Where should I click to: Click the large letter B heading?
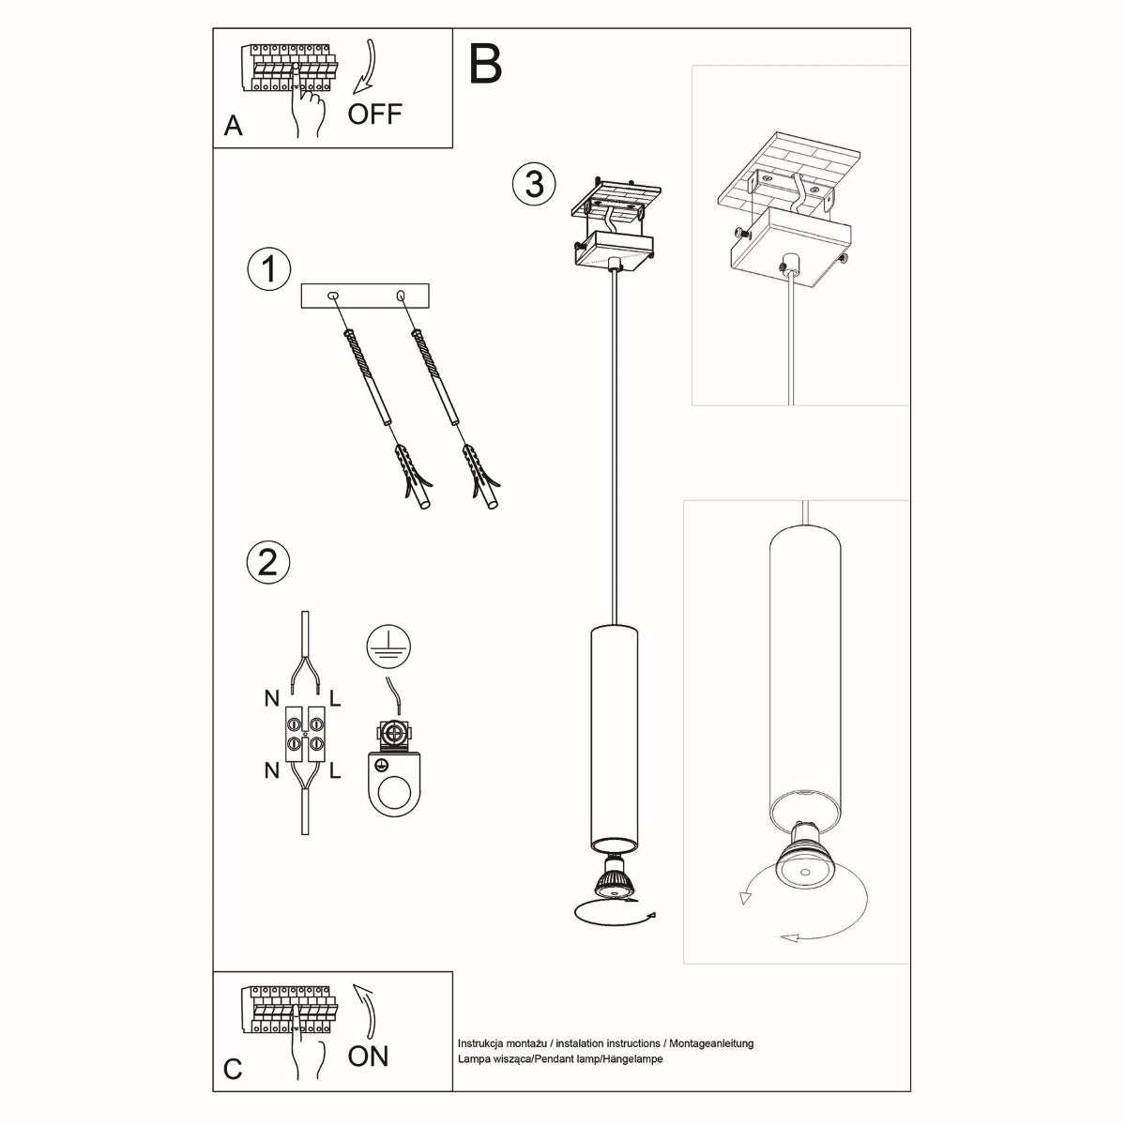click(x=486, y=63)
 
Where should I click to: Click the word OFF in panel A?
click(x=374, y=114)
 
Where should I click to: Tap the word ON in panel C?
click(x=368, y=1056)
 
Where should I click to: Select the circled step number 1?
click(x=267, y=269)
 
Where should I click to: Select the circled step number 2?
click(x=267, y=562)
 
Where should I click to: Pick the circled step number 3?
click(x=534, y=184)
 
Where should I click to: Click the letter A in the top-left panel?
click(x=234, y=128)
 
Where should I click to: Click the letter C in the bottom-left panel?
click(x=234, y=1070)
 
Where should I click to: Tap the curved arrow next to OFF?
click(x=364, y=67)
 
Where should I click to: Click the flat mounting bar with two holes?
click(x=364, y=297)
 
